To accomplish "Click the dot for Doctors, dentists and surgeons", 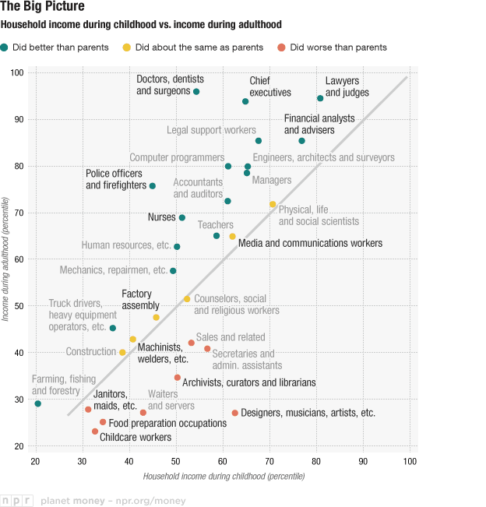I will pos(196,92).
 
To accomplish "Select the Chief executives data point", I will pos(245,102).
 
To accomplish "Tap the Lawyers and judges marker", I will pos(320,99).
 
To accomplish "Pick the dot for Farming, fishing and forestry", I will pos(37,403).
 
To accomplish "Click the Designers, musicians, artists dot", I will pos(235,413).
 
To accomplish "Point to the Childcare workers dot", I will pos(95,431).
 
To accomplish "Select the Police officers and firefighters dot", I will pos(153,186).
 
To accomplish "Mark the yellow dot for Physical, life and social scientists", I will pos(273,205).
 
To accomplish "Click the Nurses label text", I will pos(162,217).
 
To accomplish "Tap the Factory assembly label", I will pos(141,300).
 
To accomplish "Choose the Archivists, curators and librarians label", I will pos(249,382).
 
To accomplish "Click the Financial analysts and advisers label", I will pos(319,124).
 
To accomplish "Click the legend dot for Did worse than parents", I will pos(281,48).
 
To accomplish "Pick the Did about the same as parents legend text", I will pos(200,48).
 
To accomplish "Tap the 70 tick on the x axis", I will pos(269,463).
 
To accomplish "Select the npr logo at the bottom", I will pos(18,500).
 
